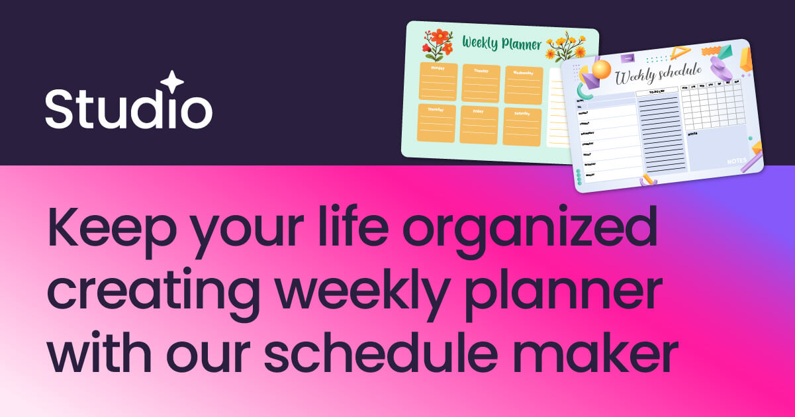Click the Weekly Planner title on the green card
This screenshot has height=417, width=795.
coord(501,44)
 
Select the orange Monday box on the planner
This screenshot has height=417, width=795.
coord(438,81)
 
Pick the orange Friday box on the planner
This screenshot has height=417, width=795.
coord(479,124)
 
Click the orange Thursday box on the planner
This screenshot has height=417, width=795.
coord(437,123)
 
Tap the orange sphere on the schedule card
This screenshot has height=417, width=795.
coord(601,69)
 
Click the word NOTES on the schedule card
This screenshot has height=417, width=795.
coord(736,161)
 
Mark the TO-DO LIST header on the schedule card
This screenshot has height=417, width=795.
coord(657,93)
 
